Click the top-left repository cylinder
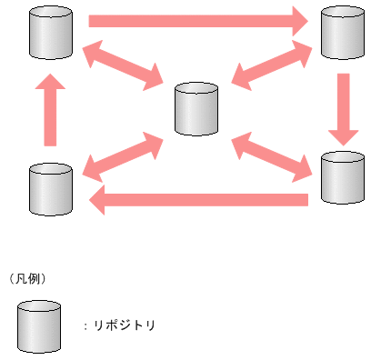click(50, 33)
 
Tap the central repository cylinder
click(196, 109)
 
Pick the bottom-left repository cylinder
click(50, 188)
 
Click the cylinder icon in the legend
click(38, 326)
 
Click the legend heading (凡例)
click(26, 277)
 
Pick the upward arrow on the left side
click(50, 110)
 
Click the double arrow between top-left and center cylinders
click(121, 69)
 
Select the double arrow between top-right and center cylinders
click(273, 68)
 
